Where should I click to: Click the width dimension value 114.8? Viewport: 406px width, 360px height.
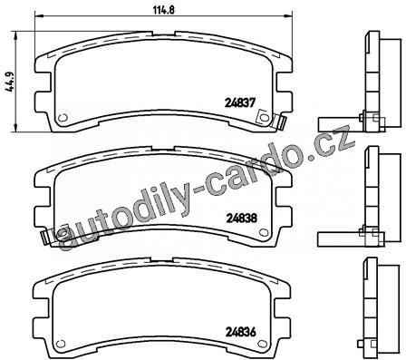164,10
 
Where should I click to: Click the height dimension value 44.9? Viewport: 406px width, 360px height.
12,82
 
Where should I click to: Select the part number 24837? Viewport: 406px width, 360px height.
240,102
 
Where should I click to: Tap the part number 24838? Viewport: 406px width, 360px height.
241,218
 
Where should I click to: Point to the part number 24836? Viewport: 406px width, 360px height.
241,332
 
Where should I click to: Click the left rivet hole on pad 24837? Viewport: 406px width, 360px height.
63,118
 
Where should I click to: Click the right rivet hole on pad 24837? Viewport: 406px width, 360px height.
264,117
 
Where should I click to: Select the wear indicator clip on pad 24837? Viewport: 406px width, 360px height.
280,123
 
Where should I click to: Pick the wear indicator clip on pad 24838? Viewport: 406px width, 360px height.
47,238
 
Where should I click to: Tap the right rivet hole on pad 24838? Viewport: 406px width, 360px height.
264,232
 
